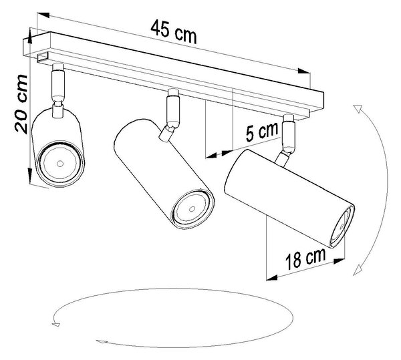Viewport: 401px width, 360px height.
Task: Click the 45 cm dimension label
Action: point(174,33)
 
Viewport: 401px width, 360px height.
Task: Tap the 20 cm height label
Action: point(21,104)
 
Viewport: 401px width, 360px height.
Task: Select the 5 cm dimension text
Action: point(261,132)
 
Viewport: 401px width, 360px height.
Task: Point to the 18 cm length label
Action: point(305,258)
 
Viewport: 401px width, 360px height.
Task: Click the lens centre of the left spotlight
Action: point(60,164)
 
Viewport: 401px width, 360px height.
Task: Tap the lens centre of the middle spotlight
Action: point(192,209)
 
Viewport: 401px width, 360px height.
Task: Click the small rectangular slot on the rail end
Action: point(43,57)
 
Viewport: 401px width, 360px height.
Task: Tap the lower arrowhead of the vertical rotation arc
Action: point(358,270)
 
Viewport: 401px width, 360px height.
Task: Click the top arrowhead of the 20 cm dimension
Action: point(30,35)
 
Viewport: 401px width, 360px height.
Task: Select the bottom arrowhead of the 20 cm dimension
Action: point(29,176)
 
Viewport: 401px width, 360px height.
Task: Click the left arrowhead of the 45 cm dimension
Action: point(43,15)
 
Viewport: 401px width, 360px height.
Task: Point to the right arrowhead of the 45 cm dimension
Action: point(304,71)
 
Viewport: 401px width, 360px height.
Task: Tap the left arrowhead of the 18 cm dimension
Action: point(272,278)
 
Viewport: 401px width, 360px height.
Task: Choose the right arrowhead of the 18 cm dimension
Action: point(339,261)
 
